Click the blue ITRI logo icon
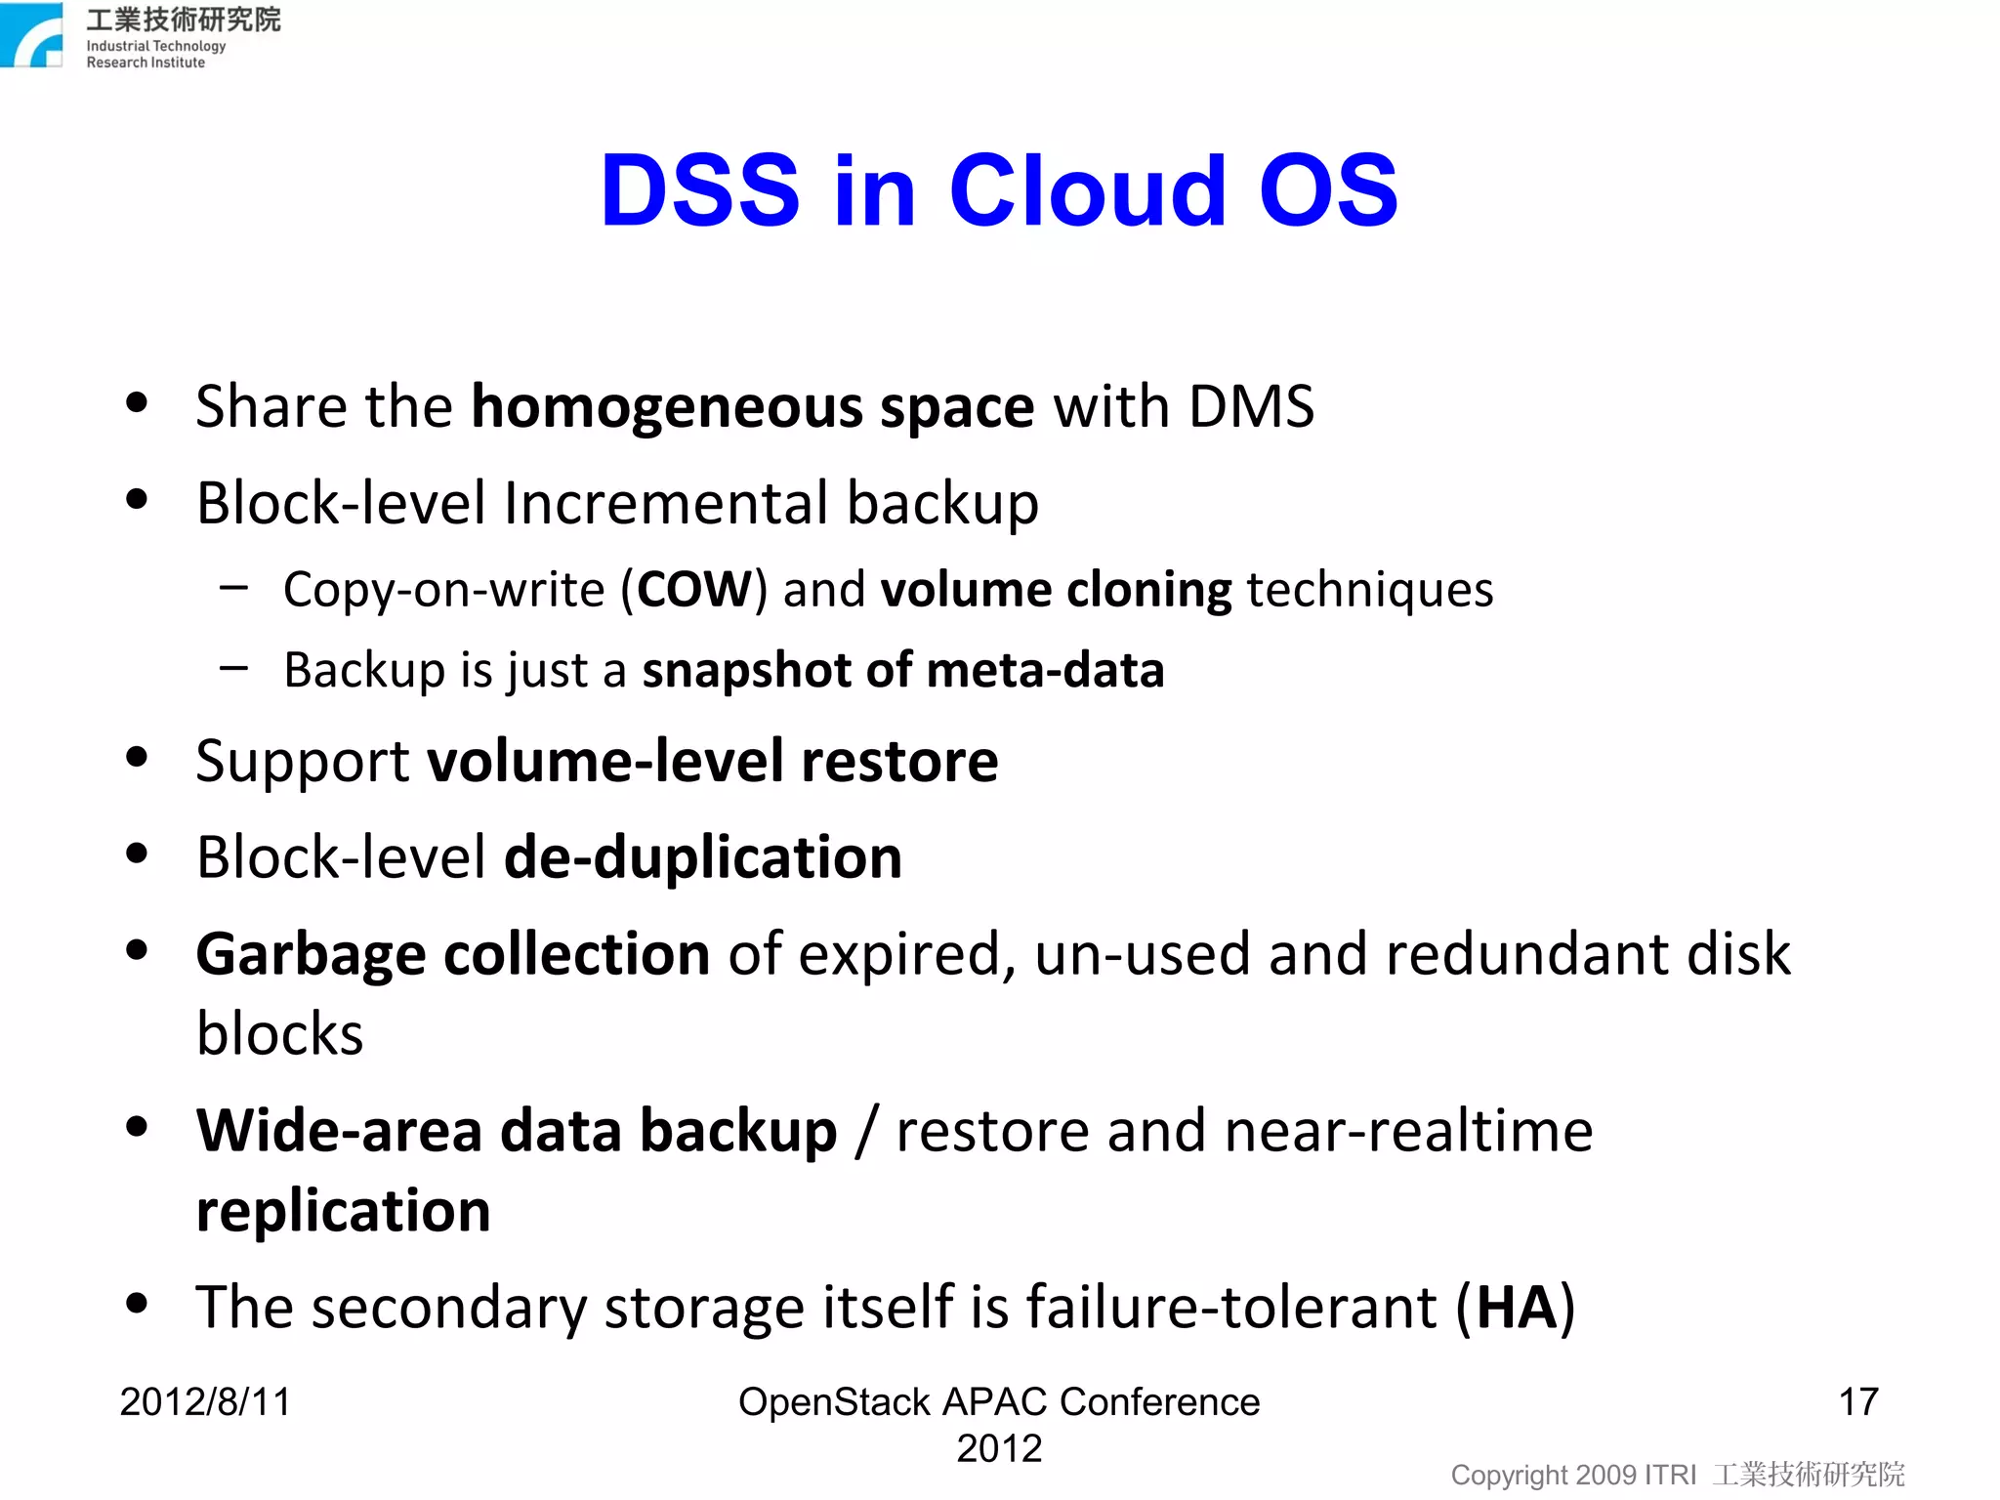tap(31, 35)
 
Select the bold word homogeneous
tap(666, 407)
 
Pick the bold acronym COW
tap(693, 590)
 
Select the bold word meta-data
tap(1044, 671)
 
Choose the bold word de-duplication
tap(702, 857)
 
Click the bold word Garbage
tap(311, 954)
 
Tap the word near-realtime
tap(1407, 1131)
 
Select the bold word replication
tap(343, 1212)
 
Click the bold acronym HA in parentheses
tap(1516, 1308)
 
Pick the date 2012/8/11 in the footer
tap(205, 1402)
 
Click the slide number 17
tap(1857, 1402)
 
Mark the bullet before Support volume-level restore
tap(137, 757)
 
